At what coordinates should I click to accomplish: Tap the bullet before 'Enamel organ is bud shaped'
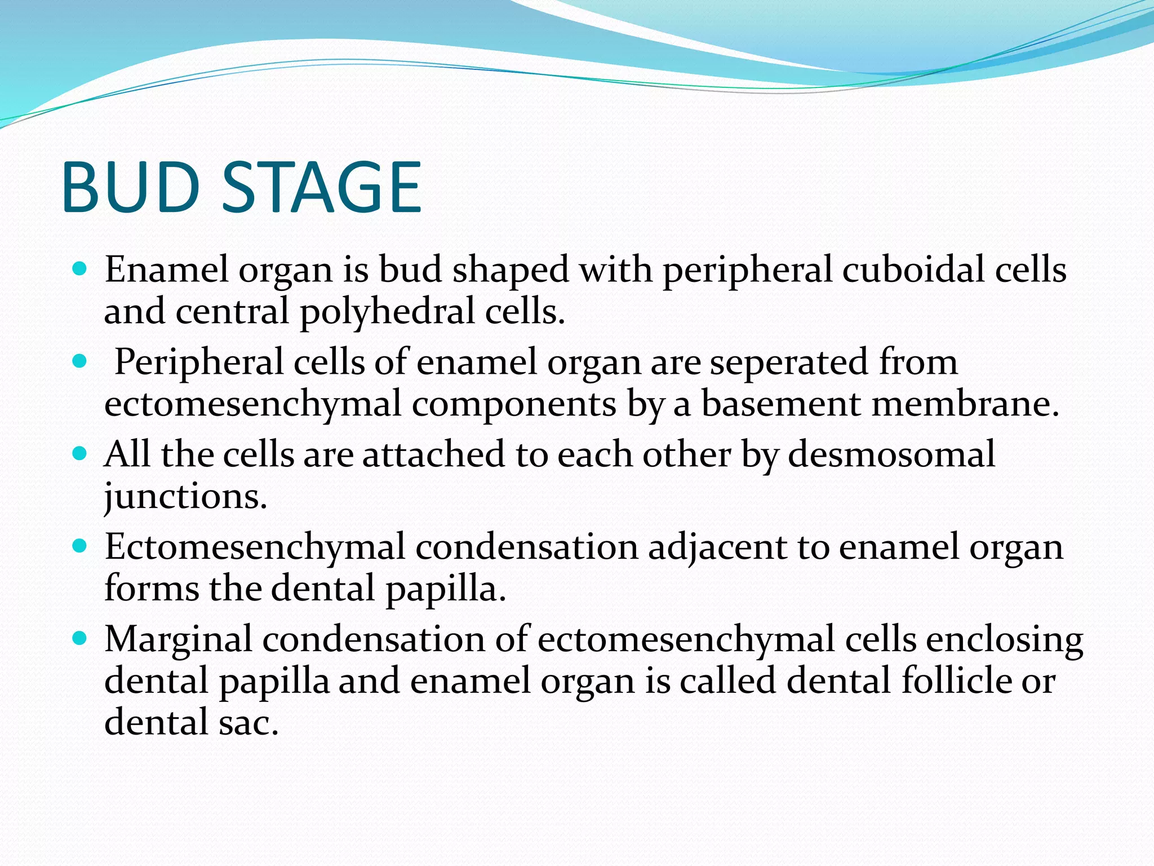pyautogui.click(x=80, y=269)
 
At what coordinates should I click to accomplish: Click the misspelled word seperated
pyautogui.click(x=789, y=362)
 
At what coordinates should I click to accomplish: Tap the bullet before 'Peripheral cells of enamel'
pyautogui.click(x=80, y=361)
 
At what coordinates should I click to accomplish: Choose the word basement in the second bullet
pyautogui.click(x=781, y=404)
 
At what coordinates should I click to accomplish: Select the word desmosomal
pyautogui.click(x=891, y=454)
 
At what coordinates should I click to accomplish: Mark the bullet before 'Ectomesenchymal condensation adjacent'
pyautogui.click(x=80, y=546)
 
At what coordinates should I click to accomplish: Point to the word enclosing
pyautogui.click(x=1004, y=640)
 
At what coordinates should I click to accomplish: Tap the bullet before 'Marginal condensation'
pyautogui.click(x=80, y=638)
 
